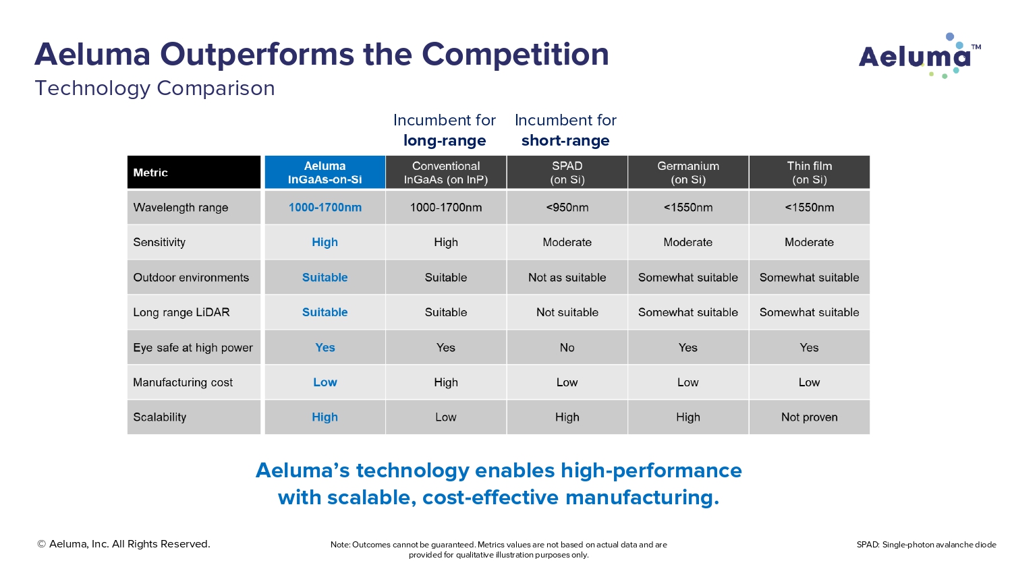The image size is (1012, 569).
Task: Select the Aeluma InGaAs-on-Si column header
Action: pos(325,173)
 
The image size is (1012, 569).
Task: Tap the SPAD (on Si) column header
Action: pos(567,173)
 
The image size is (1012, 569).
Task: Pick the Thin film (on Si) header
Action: pos(809,173)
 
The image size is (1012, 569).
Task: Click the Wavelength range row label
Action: pos(181,208)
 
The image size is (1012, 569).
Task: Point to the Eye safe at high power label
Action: pos(193,348)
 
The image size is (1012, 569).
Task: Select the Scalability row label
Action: pos(160,417)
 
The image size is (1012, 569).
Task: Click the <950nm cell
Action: pos(567,208)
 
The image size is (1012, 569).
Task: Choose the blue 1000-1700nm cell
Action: pos(325,208)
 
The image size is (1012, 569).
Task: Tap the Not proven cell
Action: pos(809,417)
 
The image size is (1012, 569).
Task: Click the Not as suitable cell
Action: pos(567,278)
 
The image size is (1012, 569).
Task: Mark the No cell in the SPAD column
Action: pos(567,348)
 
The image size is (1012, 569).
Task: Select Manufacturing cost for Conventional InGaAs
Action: pos(446,382)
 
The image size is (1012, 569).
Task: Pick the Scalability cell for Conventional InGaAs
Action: pos(446,417)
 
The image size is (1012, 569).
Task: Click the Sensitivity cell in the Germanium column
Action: pos(687,242)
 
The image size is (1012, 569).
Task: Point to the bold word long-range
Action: pos(445,141)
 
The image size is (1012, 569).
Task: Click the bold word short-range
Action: pos(565,141)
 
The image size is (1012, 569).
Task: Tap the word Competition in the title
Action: pos(515,55)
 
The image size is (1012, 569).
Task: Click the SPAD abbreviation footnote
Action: pos(926,545)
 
